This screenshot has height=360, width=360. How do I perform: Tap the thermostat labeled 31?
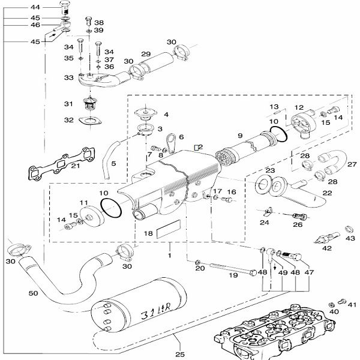click(91, 104)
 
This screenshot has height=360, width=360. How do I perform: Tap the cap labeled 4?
click(146, 113)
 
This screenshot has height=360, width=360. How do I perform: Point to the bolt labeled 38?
click(88, 22)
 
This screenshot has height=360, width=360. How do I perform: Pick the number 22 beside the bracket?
click(328, 193)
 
